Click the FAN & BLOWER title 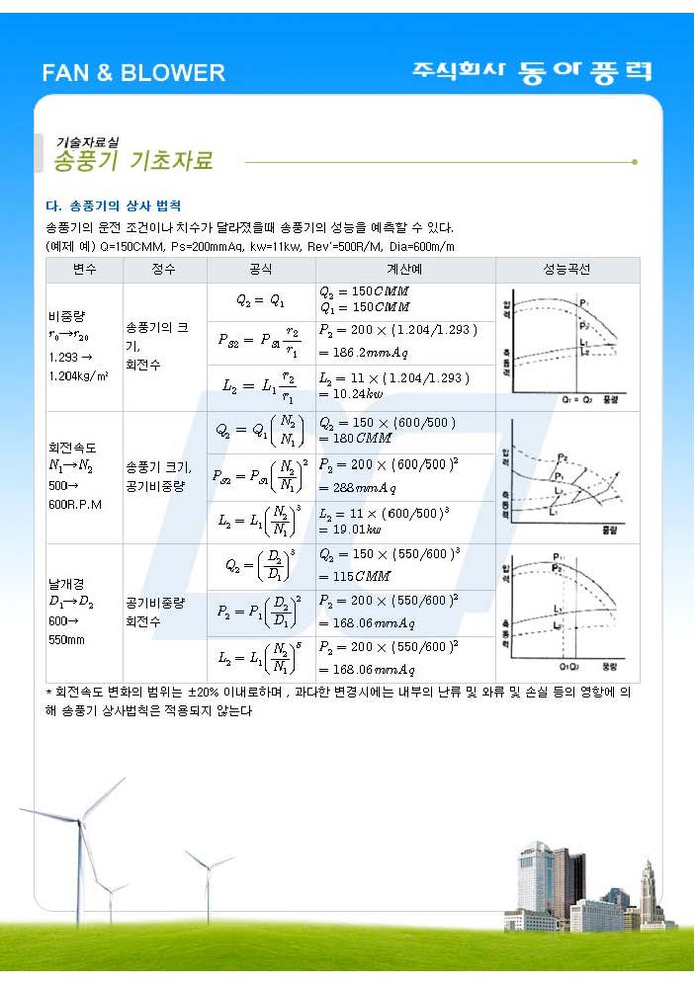click(133, 73)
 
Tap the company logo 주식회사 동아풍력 click(532, 71)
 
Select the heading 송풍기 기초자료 click(132, 161)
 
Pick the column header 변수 click(84, 270)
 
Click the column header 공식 click(261, 270)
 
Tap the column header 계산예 click(405, 270)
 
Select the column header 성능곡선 click(566, 270)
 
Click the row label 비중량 click(66, 316)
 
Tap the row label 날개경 click(66, 583)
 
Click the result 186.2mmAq click(363, 352)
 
